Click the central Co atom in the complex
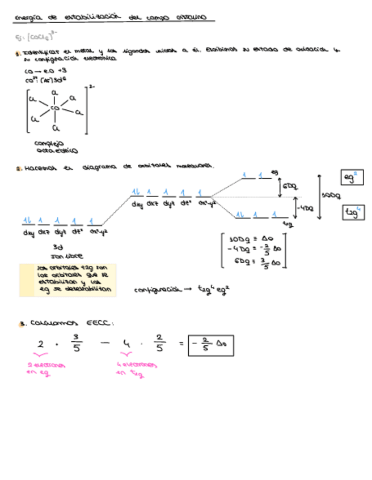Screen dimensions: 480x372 55,108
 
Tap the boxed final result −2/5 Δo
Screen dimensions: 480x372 211,345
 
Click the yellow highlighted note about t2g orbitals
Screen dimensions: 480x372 68,280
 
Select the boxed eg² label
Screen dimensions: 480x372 352,178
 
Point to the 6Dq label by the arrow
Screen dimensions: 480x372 290,186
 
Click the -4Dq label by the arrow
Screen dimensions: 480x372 306,208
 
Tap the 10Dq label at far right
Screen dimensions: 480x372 331,195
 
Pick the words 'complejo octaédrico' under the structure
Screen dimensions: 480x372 56,147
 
